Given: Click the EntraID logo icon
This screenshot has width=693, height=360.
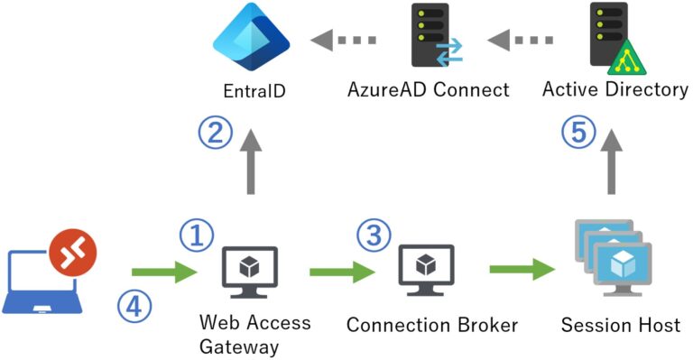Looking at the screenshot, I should (251, 41).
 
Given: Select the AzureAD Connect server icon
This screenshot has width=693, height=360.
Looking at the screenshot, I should (430, 37).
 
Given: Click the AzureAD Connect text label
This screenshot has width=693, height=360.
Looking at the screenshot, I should (429, 90).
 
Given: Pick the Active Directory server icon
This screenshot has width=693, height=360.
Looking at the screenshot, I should (610, 37).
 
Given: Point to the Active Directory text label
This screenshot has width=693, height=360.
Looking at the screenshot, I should (615, 90).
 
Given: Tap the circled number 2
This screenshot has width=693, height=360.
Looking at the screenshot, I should (214, 134).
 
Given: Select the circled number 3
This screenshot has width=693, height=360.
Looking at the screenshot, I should (373, 235).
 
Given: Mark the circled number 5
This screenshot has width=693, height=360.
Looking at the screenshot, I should (577, 134).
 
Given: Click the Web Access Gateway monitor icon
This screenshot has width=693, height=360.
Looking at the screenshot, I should (249, 268).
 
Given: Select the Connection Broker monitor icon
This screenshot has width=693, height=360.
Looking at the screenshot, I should (426, 268).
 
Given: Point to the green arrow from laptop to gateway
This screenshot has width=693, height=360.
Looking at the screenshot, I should (163, 271).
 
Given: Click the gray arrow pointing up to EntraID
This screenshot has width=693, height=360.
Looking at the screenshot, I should (250, 162).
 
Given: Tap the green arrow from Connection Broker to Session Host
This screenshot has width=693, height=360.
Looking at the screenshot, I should (522, 269).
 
